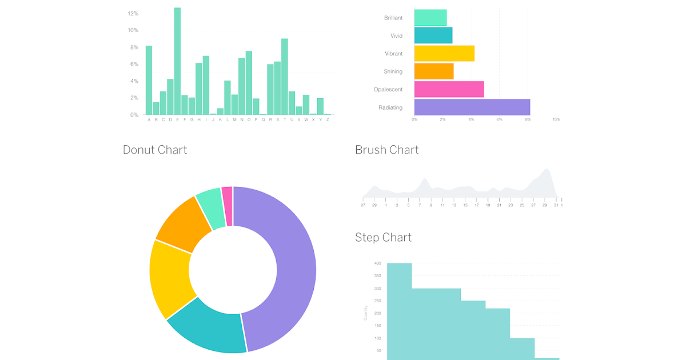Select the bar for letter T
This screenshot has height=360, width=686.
tap(284, 77)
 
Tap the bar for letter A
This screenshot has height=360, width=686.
tap(149, 80)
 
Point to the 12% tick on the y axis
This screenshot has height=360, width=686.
tap(133, 13)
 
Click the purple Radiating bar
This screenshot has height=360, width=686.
tap(472, 107)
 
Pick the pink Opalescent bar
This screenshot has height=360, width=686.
tap(449, 89)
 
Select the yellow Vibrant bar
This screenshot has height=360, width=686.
tap(444, 53)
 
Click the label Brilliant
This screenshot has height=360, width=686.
tap(393, 18)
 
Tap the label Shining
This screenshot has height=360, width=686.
tap(393, 71)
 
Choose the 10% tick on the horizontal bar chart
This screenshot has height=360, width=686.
tap(556, 119)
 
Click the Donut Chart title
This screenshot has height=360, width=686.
tap(155, 150)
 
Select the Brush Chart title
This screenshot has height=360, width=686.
tap(387, 150)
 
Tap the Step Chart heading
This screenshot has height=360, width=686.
tap(383, 237)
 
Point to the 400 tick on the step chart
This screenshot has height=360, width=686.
tap(377, 263)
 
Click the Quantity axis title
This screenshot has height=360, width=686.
tap(366, 313)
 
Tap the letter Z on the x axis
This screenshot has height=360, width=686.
tap(328, 119)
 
